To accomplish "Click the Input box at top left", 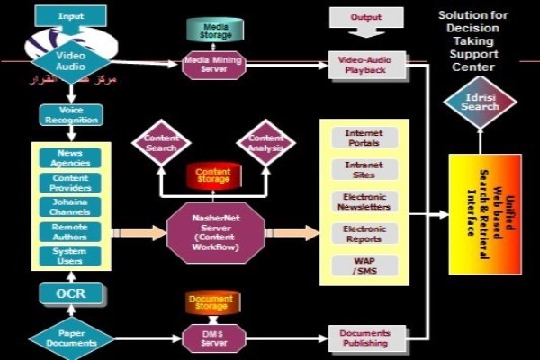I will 71,16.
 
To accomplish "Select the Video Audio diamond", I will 70,60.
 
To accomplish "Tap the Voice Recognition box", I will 71,116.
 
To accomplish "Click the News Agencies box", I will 70,158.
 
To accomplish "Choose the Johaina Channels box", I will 70,207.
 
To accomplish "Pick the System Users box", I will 70,256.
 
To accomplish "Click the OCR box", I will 70,293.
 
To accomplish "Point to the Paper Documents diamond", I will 71,338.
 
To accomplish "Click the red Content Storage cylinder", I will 213,175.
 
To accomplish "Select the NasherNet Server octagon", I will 213,233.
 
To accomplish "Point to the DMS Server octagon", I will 213,338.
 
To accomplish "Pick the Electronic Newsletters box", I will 364,202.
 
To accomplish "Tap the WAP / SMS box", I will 364,265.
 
